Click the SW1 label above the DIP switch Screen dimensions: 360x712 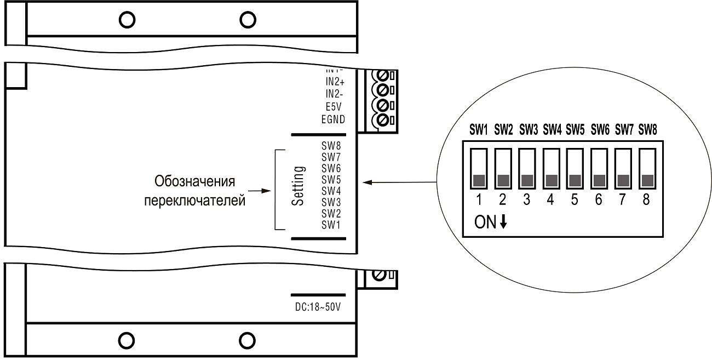pos(478,130)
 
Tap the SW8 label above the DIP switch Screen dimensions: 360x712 pos(647,130)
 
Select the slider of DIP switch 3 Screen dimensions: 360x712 pos(527,180)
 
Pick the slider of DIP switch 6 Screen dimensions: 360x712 pos(599,180)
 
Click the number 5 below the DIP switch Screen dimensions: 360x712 pos(575,200)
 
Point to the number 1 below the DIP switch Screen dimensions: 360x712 pos(478,200)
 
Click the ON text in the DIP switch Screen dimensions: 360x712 pos(485,222)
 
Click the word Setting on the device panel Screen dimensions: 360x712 pos(298,186)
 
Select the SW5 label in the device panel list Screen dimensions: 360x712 pos(332,179)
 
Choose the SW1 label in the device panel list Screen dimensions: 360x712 pos(332,225)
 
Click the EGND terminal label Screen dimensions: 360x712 pos(334,119)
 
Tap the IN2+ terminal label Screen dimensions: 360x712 pos(335,81)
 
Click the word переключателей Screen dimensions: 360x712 pos(194,201)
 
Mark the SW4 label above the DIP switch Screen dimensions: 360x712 pos(552,130)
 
